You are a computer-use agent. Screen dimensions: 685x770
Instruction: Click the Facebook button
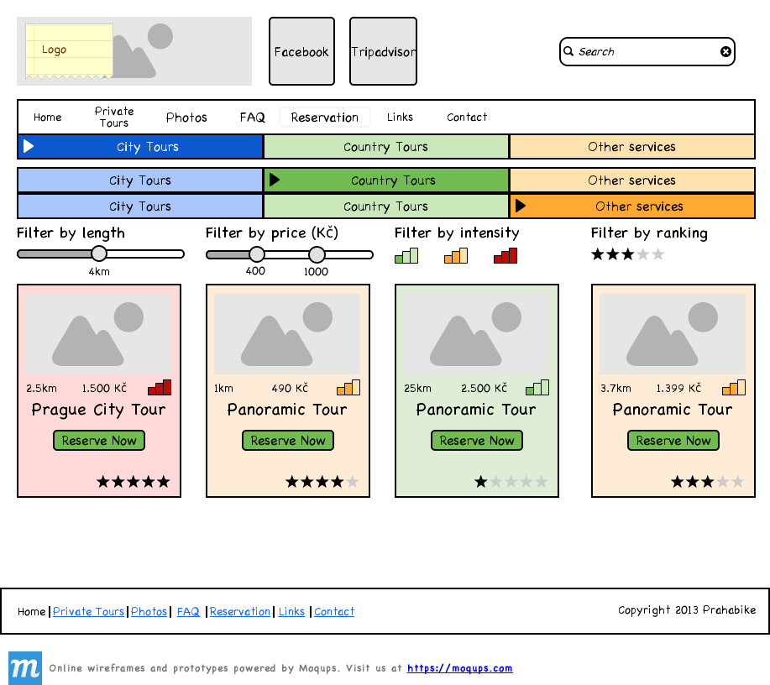301,51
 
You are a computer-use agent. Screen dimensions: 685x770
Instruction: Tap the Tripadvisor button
383,51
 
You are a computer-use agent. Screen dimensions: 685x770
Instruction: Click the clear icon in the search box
725,52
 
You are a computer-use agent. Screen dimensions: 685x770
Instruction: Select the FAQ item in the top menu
252,118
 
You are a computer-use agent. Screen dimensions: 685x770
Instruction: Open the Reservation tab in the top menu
324,118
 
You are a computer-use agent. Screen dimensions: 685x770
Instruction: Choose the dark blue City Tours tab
140,147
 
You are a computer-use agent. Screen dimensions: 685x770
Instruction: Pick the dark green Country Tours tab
386,180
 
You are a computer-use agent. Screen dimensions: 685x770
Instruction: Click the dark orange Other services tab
632,207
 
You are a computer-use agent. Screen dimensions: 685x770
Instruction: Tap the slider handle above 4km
99,254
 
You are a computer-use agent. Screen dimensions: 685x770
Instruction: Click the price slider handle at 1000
317,254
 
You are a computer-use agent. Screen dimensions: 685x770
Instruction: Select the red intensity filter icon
505,256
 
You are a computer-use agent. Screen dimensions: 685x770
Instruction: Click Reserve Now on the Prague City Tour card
99,441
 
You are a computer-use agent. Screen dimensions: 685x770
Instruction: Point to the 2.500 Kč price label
484,389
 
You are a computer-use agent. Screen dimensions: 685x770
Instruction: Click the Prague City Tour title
99,410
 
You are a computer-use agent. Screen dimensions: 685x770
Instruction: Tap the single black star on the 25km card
481,482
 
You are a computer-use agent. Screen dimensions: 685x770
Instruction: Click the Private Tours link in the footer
88,612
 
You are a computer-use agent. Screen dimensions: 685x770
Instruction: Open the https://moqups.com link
459,668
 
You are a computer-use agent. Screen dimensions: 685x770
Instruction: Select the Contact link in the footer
334,612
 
